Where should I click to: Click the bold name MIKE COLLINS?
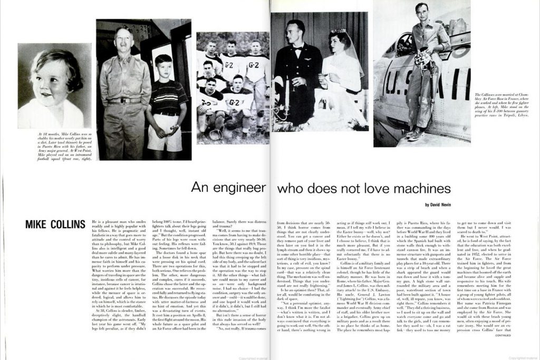(x=55, y=225)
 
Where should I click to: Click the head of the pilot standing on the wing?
(x=421, y=12)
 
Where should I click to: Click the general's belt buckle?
(x=125, y=100)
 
